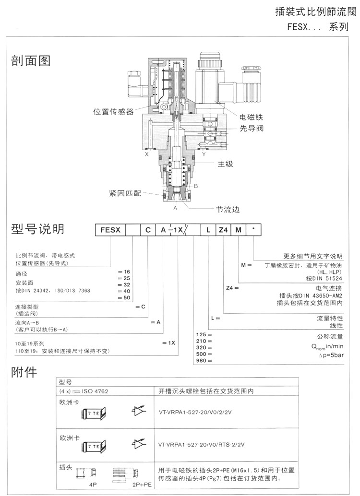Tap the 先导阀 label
coord(252,128)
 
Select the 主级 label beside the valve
coord(225,164)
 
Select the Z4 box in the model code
coord(223,229)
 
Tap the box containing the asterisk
coord(253,229)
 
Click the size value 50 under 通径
coord(127,298)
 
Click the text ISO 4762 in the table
coord(96,391)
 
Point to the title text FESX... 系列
coord(317,28)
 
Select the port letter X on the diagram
coord(146,154)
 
